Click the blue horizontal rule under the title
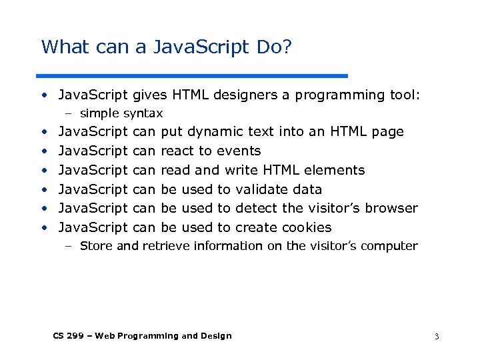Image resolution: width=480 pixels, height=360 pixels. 192,75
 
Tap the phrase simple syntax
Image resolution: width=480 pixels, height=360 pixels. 121,113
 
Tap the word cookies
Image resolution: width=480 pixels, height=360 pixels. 306,227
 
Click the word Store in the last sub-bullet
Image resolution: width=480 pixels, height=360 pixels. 96,246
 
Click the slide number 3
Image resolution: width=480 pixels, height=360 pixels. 436,337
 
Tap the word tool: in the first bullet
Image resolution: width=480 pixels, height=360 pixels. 405,95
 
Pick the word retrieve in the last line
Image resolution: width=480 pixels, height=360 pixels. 167,246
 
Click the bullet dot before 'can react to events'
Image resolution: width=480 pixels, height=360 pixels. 43,151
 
